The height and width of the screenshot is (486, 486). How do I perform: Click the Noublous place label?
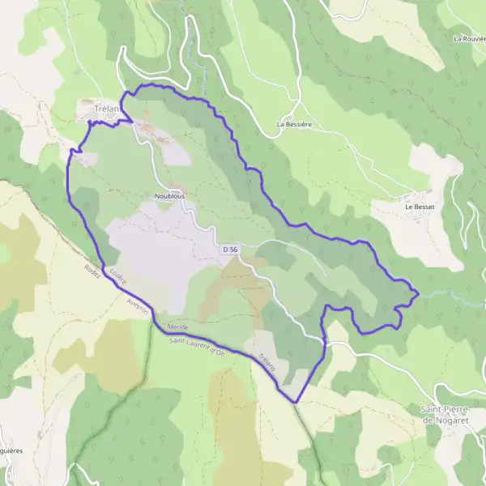pos(169,196)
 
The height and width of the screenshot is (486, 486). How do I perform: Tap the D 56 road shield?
pos(230,250)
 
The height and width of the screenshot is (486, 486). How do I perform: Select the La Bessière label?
pos(295,125)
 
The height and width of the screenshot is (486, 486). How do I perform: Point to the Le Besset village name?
pos(420,207)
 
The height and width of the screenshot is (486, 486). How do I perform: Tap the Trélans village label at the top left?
pos(104,109)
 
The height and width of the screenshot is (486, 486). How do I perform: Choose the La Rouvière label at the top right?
pos(470,38)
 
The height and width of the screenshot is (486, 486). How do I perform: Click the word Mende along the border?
pos(177,326)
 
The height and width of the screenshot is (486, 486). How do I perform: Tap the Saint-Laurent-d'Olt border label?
pos(198,347)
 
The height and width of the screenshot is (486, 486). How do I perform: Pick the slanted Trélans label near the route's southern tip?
pos(268,362)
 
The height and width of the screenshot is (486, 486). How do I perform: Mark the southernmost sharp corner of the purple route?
pos(296,402)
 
